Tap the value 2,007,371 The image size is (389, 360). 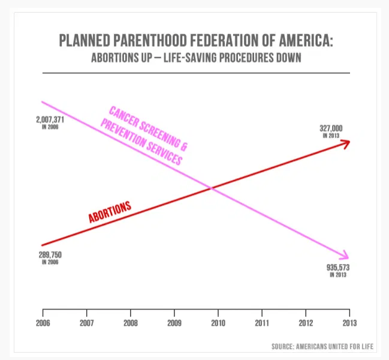(x=51, y=120)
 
